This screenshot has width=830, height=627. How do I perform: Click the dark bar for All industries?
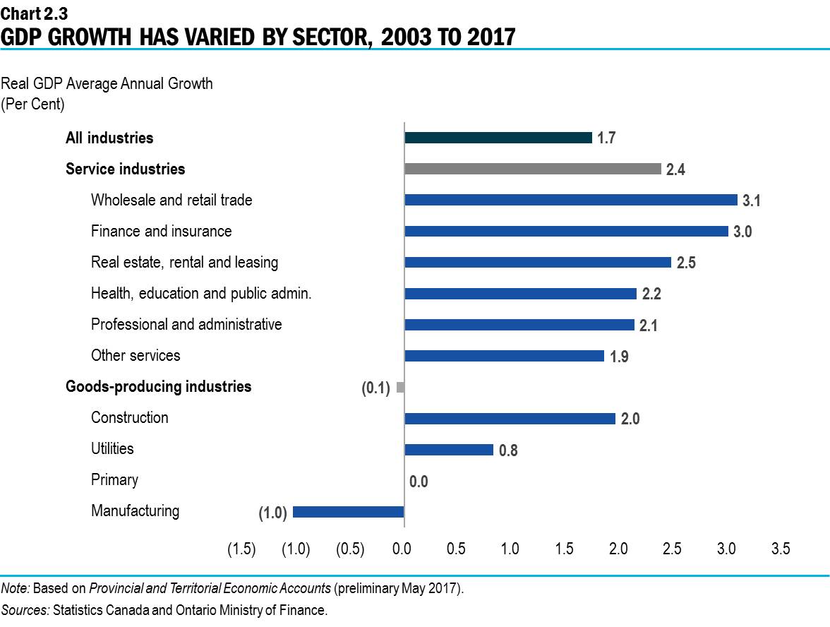(x=498, y=138)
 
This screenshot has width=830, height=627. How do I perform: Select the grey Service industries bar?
(x=533, y=169)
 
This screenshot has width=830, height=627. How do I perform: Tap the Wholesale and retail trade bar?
(x=571, y=200)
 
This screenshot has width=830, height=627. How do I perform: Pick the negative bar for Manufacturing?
(x=348, y=512)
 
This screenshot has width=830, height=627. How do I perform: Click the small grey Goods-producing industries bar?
(x=400, y=387)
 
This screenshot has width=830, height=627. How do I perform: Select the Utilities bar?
(x=449, y=450)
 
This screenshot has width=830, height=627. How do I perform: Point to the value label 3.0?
(x=742, y=232)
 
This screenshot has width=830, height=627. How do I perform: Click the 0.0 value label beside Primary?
(x=419, y=482)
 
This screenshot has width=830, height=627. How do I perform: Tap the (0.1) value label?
(x=376, y=388)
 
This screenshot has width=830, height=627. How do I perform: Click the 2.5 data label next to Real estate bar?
(x=686, y=263)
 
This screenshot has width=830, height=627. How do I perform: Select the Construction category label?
(x=130, y=417)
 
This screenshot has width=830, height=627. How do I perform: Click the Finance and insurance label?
(x=161, y=231)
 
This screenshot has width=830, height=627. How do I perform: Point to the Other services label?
(x=136, y=355)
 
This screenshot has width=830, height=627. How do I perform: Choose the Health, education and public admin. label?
(x=201, y=293)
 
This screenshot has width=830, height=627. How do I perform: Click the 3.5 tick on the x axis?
(x=780, y=549)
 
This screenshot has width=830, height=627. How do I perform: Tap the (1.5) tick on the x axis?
(x=241, y=549)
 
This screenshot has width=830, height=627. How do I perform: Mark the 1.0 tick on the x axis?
(x=510, y=549)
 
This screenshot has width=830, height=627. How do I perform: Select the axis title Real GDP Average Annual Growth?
(x=107, y=84)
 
